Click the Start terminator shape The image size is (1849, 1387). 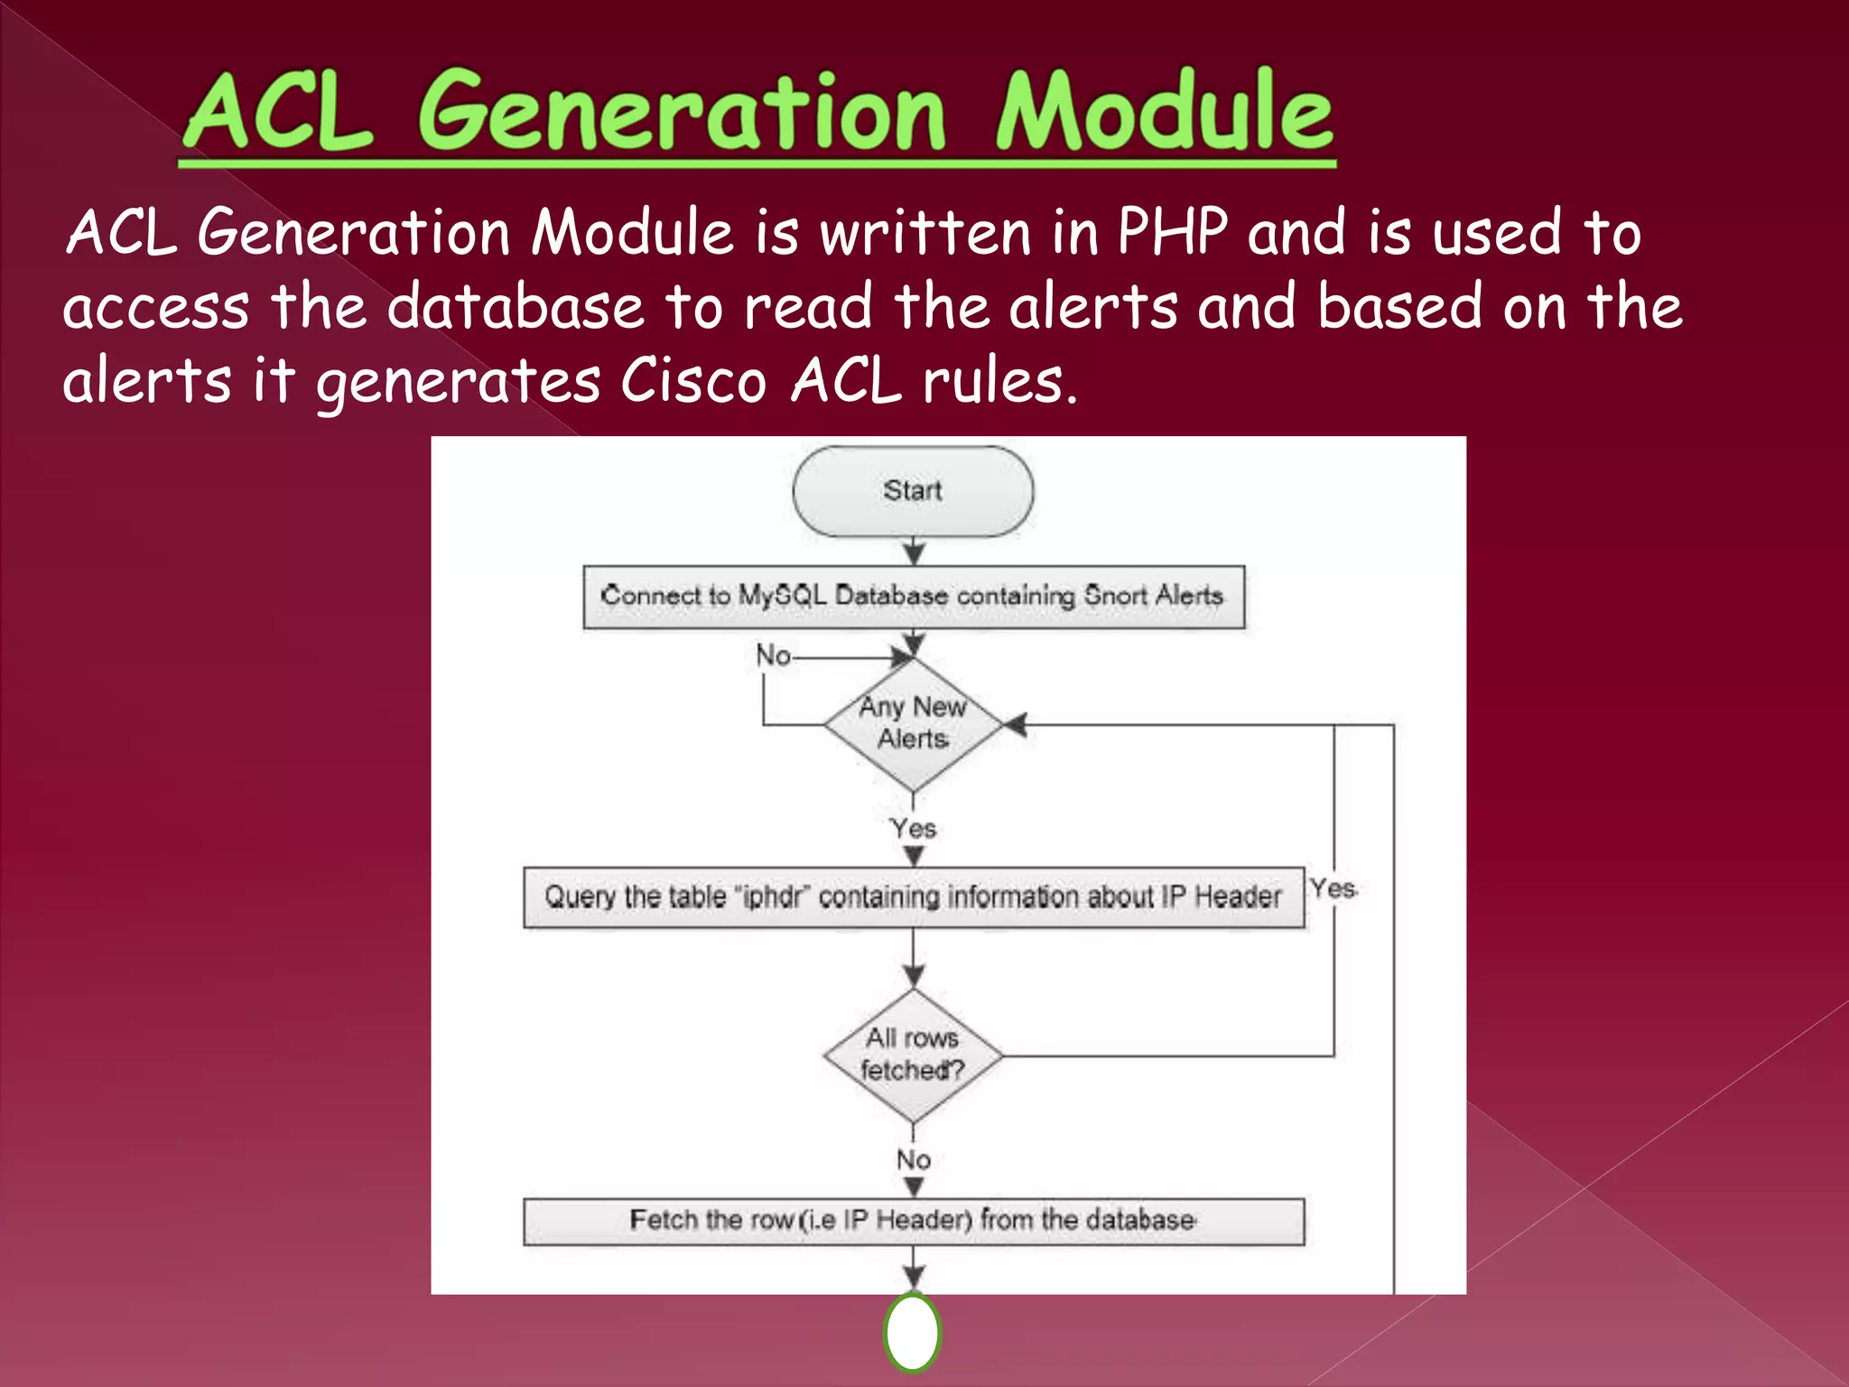click(x=913, y=491)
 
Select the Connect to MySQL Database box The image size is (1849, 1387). click(x=913, y=596)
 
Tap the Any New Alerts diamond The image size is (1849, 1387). click(x=913, y=723)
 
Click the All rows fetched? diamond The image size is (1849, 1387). click(x=913, y=1054)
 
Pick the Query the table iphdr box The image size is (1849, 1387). click(x=913, y=897)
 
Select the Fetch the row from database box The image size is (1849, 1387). click(x=913, y=1221)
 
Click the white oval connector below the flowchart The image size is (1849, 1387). click(x=913, y=1333)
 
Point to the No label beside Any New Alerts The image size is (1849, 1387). click(x=773, y=656)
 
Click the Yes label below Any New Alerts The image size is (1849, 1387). click(x=913, y=828)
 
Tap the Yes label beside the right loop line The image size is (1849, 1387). click(x=1333, y=889)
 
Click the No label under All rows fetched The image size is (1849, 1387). click(x=913, y=1159)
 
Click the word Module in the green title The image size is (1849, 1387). click(x=1164, y=112)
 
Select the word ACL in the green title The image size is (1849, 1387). click(x=278, y=112)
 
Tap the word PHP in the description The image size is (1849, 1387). click(x=1172, y=232)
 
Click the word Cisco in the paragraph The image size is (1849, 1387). click(x=692, y=380)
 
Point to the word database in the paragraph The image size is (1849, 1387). click(x=516, y=306)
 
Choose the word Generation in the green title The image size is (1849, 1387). click(x=682, y=112)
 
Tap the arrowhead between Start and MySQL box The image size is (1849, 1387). click(x=914, y=553)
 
